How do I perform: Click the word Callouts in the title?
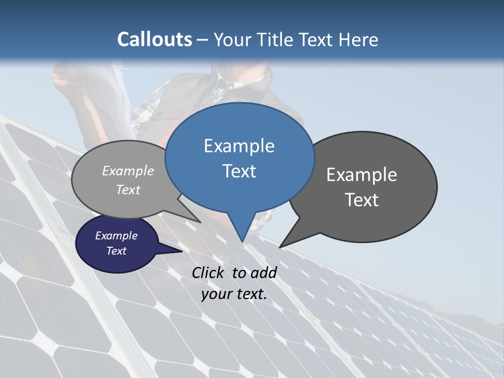[x=154, y=39]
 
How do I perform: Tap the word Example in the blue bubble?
[x=239, y=146]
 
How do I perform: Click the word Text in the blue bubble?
[x=239, y=171]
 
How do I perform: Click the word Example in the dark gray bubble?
[x=362, y=175]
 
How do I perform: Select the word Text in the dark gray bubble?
[x=362, y=200]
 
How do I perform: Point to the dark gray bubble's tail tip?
[x=280, y=247]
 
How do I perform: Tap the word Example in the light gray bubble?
[x=128, y=171]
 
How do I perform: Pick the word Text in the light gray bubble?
[x=128, y=190]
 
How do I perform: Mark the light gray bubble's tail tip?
[x=200, y=222]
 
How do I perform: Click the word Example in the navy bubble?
[x=116, y=236]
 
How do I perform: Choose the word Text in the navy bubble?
[x=116, y=251]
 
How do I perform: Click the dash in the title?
[x=203, y=39]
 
